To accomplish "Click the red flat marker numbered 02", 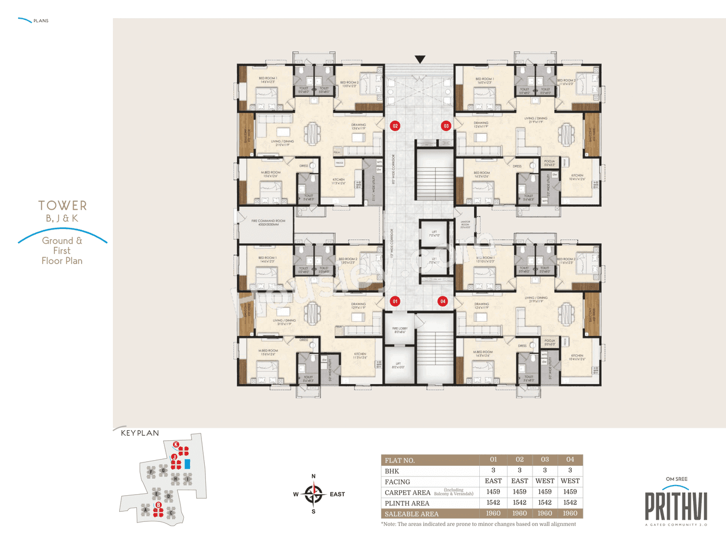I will [x=395, y=126].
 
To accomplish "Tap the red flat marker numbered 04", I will [x=443, y=301].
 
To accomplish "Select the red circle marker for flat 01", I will [x=395, y=301].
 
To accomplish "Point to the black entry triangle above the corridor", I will [x=420, y=59].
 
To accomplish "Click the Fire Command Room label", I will [x=268, y=222].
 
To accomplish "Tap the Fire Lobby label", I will [x=400, y=330].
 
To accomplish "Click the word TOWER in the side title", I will [x=62, y=206].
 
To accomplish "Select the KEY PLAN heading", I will [x=140, y=433].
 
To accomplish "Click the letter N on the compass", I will [x=314, y=477].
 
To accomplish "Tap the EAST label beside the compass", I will [x=337, y=494].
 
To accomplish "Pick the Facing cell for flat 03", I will [x=544, y=481].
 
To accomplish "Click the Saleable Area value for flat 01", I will [x=493, y=513].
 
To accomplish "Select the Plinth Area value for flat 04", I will [x=570, y=503].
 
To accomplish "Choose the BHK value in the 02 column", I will [x=520, y=470].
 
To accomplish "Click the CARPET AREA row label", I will [x=407, y=492].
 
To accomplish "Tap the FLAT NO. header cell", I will [x=400, y=460].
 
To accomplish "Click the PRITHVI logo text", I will [x=676, y=506].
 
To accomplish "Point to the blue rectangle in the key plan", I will [x=187, y=464].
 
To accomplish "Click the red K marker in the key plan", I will [x=176, y=444].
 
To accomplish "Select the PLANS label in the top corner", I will [x=41, y=21].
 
